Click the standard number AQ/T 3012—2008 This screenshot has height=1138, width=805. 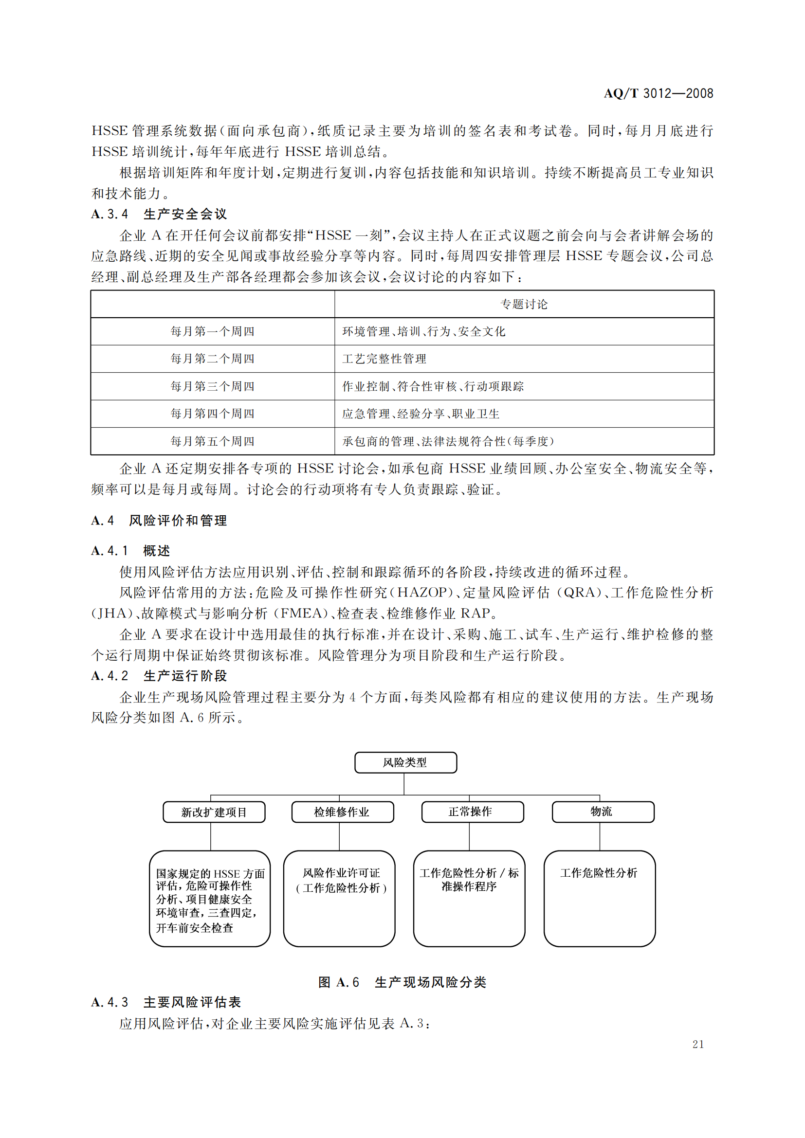click(x=658, y=93)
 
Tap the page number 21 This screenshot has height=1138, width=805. click(x=698, y=1044)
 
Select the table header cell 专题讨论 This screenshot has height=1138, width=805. click(x=524, y=304)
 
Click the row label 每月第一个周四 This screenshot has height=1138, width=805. click(x=212, y=332)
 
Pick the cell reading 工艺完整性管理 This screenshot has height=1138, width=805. click(x=384, y=359)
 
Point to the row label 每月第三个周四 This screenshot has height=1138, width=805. click(x=212, y=387)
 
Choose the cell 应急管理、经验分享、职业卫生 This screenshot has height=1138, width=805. click(x=421, y=414)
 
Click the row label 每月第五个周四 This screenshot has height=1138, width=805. click(x=212, y=441)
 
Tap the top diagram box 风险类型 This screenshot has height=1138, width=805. click(x=405, y=763)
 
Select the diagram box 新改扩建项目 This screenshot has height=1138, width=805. click(x=214, y=813)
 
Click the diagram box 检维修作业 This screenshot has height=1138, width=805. click(x=342, y=812)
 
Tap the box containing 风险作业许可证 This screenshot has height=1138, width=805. click(x=341, y=880)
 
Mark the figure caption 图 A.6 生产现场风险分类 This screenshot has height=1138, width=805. click(x=402, y=982)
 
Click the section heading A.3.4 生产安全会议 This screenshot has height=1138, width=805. click(x=159, y=214)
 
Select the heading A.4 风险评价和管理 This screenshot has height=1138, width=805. click(x=159, y=521)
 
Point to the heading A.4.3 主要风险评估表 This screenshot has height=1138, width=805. click(x=166, y=1002)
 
